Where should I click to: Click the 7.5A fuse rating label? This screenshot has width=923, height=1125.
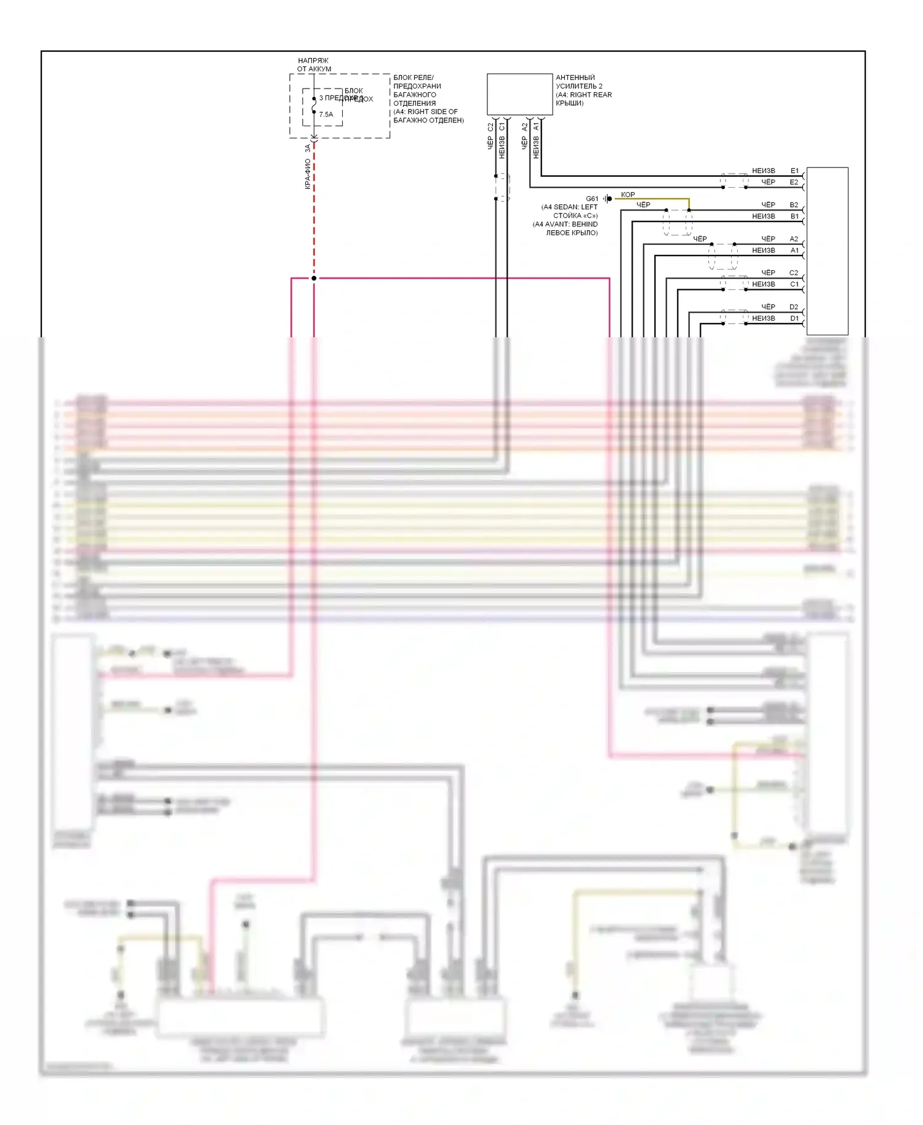point(326,114)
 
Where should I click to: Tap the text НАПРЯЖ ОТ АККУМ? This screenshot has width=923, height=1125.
point(314,65)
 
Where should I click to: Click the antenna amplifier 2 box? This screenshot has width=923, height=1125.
point(519,94)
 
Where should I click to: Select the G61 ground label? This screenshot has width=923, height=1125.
point(591,199)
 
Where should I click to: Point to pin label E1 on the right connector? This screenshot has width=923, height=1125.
point(794,170)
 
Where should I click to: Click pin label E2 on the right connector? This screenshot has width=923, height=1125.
point(794,182)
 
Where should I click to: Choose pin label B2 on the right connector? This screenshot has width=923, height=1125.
point(794,205)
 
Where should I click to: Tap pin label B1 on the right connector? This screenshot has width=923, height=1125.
point(794,216)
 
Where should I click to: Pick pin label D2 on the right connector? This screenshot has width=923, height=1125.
point(794,306)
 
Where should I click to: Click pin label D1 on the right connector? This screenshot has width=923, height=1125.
point(794,318)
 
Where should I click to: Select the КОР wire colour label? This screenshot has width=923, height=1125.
point(628,194)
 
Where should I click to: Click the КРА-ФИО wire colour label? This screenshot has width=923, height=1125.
point(308,174)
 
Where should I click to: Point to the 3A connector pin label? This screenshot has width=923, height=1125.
point(308,148)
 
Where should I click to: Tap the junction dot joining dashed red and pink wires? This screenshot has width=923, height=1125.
point(314,278)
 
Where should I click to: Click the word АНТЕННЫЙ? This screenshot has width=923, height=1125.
point(575,78)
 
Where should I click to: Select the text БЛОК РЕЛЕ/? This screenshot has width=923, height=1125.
point(414,78)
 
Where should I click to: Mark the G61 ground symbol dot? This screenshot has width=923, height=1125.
point(609,199)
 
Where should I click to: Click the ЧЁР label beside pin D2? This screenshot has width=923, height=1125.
point(768,306)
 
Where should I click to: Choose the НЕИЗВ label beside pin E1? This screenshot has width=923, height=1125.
point(763,170)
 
